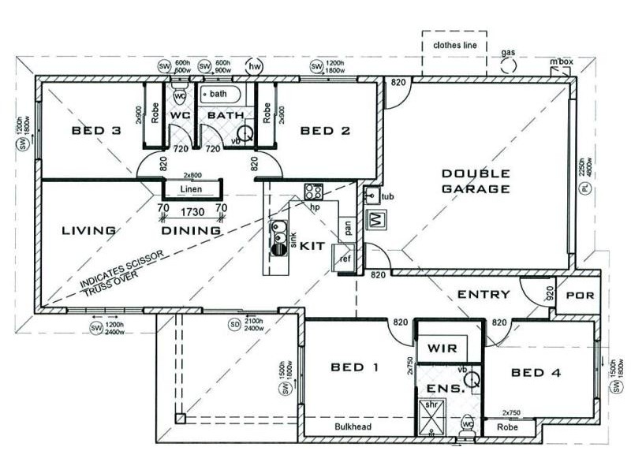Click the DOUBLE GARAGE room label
[x=476, y=181]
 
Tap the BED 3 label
[x=95, y=131]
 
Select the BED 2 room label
[x=325, y=131]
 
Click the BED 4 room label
[x=536, y=372]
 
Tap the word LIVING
[x=89, y=231]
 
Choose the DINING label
[x=191, y=231]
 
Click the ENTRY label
[x=484, y=295]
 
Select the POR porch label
[x=581, y=296]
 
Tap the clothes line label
[x=455, y=46]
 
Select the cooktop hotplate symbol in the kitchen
[x=313, y=191]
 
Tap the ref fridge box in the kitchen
[x=345, y=259]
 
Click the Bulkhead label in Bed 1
[x=353, y=426]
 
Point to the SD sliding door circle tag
[x=233, y=324]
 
